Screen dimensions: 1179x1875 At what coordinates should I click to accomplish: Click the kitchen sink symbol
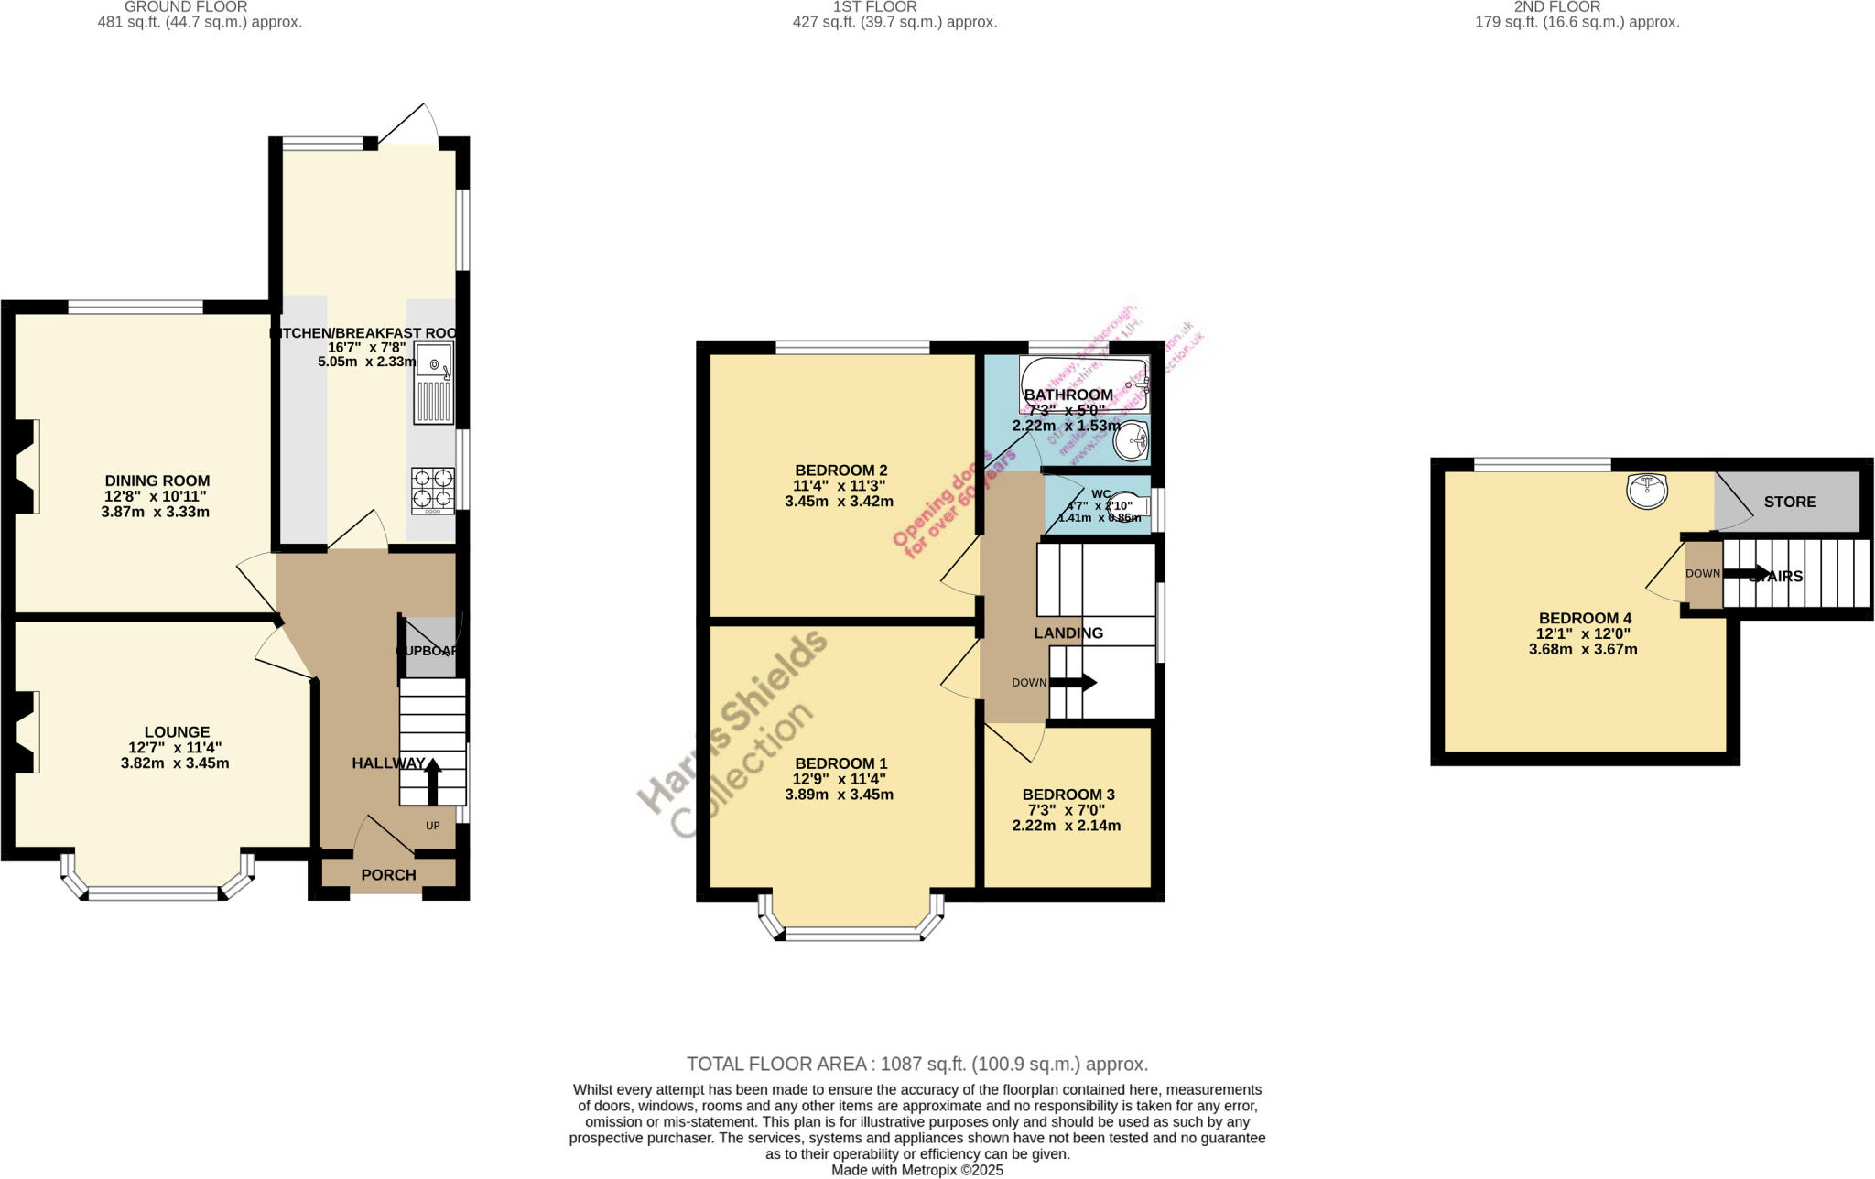pyautogui.click(x=434, y=384)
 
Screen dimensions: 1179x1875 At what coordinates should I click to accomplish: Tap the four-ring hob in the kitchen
pyautogui.click(x=433, y=488)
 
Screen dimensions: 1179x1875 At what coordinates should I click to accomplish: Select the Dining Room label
pyautogui.click(x=157, y=481)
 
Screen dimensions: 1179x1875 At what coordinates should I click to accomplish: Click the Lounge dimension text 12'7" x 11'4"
pyautogui.click(x=175, y=748)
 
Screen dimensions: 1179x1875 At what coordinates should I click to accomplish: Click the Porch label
pyautogui.click(x=388, y=875)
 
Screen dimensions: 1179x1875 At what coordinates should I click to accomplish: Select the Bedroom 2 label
pyautogui.click(x=840, y=471)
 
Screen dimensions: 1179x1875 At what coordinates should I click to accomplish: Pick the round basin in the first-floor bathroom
pyautogui.click(x=1132, y=442)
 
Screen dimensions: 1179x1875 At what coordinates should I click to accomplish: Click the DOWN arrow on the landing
pyautogui.click(x=1072, y=682)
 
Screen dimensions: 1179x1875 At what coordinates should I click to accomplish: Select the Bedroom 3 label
pyautogui.click(x=1068, y=795)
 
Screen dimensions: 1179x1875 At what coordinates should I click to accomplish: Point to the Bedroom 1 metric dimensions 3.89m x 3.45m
pyautogui.click(x=839, y=795)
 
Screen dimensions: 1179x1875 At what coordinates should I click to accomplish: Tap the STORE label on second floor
pyautogui.click(x=1789, y=502)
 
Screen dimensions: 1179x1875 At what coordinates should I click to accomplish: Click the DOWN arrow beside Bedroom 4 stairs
pyautogui.click(x=1743, y=573)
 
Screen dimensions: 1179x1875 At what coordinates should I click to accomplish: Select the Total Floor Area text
pyautogui.click(x=916, y=1064)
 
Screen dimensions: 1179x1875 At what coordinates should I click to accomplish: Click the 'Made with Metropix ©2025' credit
pyautogui.click(x=916, y=1170)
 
